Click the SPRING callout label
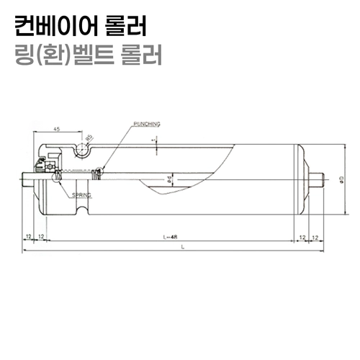point(81,195)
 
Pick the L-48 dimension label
point(171,236)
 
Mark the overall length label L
point(183,247)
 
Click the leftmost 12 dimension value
point(27,236)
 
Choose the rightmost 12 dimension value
point(316,236)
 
